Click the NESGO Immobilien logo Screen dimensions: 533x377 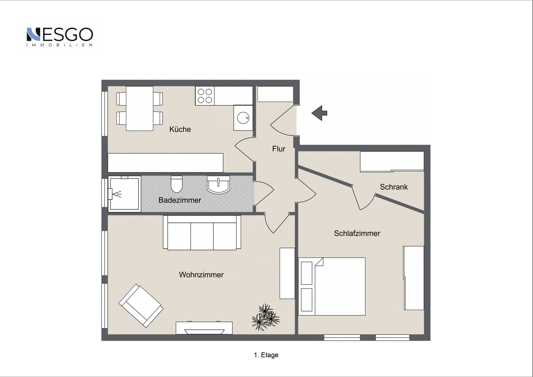(x=60, y=37)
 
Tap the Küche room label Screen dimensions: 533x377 (x=180, y=129)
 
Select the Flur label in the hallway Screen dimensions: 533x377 (x=279, y=149)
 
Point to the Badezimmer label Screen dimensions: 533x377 (x=180, y=200)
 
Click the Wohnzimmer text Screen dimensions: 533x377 (x=201, y=275)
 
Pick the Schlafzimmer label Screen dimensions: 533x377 (x=357, y=233)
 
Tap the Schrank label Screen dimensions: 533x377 (x=394, y=187)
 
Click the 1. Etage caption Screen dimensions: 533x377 (x=266, y=355)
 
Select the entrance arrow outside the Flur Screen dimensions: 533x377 (x=319, y=113)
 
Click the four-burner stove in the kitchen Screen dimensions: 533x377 (x=205, y=96)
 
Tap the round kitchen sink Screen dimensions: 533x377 (x=243, y=118)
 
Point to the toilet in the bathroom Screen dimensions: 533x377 (x=177, y=184)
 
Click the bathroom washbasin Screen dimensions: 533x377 (x=218, y=185)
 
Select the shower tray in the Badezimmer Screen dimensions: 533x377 (x=124, y=194)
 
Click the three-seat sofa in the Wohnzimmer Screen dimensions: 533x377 (x=202, y=233)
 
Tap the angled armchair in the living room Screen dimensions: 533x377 (x=141, y=306)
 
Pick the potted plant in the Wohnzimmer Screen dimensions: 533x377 (x=266, y=317)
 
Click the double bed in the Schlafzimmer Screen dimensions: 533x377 (x=332, y=287)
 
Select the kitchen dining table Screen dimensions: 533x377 (x=140, y=108)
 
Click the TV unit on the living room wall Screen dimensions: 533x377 (x=204, y=328)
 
